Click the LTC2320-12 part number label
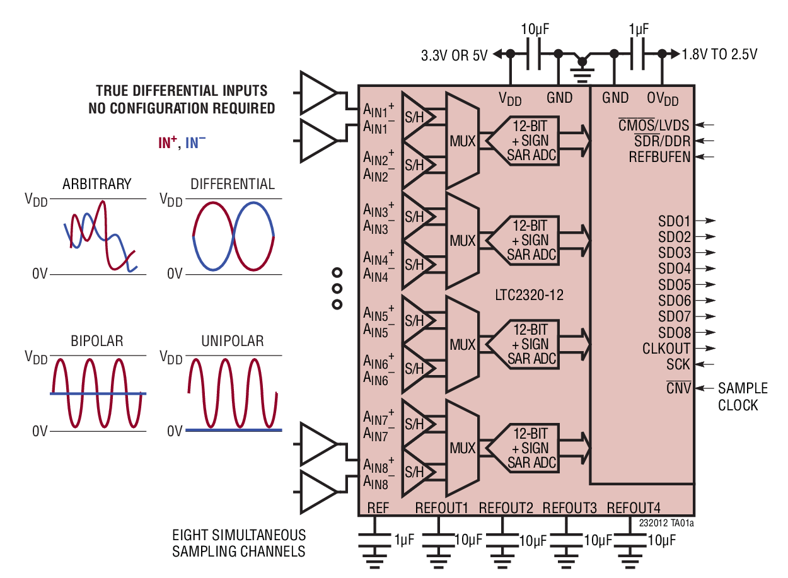[528, 294]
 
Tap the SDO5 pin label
[674, 285]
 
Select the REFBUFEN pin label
[659, 158]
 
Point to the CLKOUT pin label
[666, 349]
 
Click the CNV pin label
[678, 388]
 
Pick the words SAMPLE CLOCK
[742, 396]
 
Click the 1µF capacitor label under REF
[404, 540]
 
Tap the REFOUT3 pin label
[569, 508]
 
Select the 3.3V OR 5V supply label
[455, 55]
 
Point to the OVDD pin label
[663, 98]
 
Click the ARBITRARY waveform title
[96, 184]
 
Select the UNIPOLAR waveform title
[232, 341]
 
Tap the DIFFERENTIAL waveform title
[232, 184]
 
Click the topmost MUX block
[462, 139]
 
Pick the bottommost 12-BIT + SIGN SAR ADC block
[531, 448]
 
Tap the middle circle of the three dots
[337, 289]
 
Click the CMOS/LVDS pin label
[654, 125]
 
